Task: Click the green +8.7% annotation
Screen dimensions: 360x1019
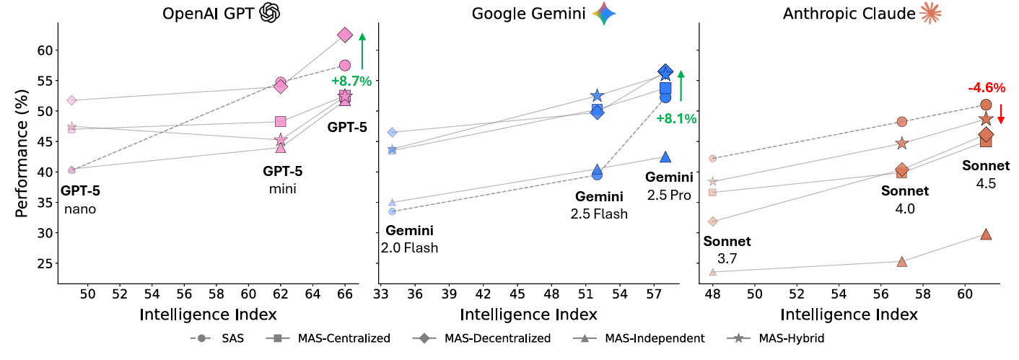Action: (x=351, y=82)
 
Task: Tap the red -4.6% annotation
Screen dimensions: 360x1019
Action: (x=987, y=88)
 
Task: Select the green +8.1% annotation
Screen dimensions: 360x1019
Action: (x=676, y=118)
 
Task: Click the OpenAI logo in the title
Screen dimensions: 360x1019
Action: (x=269, y=12)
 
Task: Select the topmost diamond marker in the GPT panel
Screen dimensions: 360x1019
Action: (x=345, y=35)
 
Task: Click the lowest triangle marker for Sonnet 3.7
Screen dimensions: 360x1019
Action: (x=713, y=272)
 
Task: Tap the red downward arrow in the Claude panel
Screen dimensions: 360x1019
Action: (x=1001, y=114)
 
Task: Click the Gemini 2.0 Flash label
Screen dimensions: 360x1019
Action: (x=410, y=240)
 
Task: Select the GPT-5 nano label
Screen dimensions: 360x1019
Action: (x=80, y=201)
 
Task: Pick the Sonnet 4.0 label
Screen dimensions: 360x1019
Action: (x=905, y=200)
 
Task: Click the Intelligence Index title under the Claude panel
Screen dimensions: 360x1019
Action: (x=849, y=315)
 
